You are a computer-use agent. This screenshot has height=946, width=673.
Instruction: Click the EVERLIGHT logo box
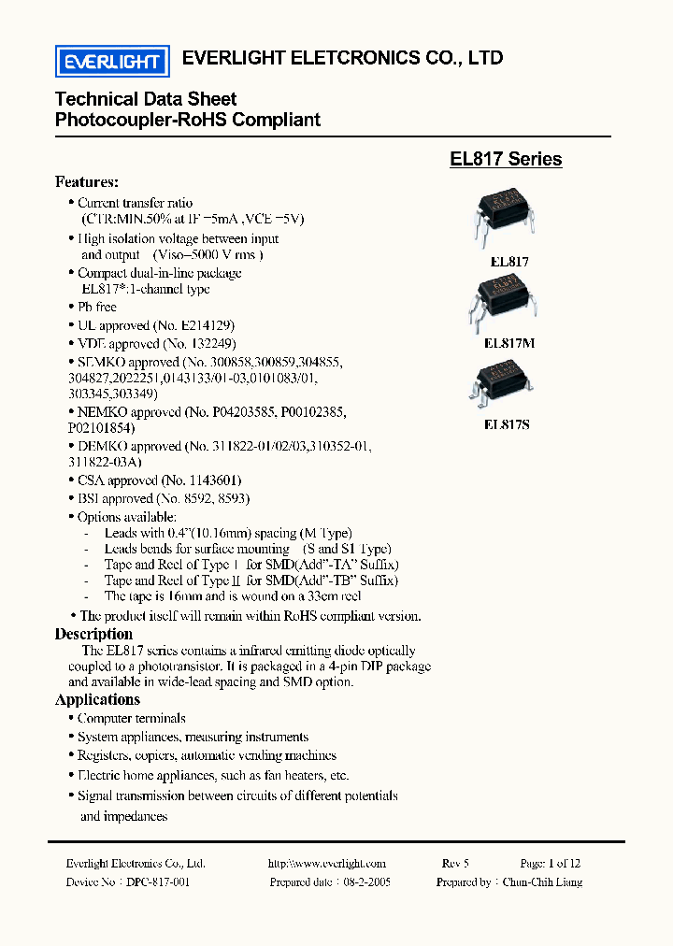(111, 62)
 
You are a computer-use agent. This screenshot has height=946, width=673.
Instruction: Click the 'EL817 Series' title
(506, 159)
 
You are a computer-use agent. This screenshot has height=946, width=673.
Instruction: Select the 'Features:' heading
(87, 181)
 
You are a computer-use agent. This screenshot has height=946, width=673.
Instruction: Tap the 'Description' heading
(93, 634)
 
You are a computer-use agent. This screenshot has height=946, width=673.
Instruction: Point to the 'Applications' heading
(97, 699)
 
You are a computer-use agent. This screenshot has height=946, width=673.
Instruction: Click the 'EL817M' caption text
(509, 343)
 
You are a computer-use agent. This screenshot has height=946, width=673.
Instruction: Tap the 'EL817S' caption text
(507, 424)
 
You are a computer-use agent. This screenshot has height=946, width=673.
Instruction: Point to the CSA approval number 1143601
(220, 480)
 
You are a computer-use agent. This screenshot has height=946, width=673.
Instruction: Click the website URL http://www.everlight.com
(326, 864)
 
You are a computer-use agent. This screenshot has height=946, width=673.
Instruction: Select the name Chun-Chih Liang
(542, 881)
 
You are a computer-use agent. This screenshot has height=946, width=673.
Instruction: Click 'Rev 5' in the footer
(455, 864)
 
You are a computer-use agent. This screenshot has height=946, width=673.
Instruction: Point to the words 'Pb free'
(97, 307)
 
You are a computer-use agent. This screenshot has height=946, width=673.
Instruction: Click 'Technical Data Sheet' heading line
(146, 99)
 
